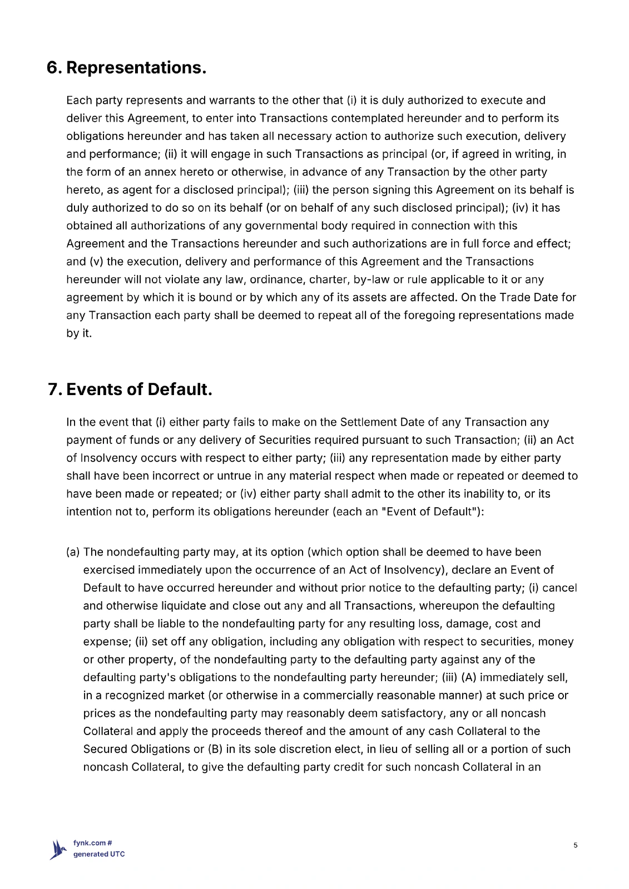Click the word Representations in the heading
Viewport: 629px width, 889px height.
[x=136, y=68]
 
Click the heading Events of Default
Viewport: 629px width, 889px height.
[x=139, y=389]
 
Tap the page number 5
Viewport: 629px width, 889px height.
[x=576, y=846]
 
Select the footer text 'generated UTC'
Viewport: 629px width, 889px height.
[x=99, y=855]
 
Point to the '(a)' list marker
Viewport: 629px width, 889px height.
[x=73, y=552]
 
